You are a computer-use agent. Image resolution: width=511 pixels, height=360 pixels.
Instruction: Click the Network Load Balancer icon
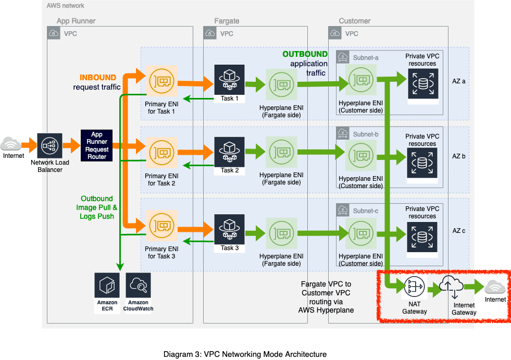coord(49,146)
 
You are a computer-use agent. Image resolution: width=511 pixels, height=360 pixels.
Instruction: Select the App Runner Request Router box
coord(96,145)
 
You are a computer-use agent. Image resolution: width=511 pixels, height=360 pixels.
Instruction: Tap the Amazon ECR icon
coord(107,285)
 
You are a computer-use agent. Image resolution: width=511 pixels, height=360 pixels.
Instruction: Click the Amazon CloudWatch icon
coord(138,285)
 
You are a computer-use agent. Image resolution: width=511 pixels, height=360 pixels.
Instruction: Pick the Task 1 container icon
coord(229,80)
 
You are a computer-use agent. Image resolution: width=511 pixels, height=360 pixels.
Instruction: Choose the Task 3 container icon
coord(229,229)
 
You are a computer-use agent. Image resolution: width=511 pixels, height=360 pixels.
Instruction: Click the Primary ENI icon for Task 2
coord(161,153)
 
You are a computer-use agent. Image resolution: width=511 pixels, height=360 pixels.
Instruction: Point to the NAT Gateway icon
coord(414,287)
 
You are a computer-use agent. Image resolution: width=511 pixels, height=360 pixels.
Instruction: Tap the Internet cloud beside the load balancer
coord(11,144)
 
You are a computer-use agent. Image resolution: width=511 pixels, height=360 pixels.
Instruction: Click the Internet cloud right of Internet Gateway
coord(495,287)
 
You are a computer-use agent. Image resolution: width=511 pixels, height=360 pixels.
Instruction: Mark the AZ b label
coord(458,156)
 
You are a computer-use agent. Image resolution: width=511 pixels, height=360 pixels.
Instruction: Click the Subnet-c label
coord(366,211)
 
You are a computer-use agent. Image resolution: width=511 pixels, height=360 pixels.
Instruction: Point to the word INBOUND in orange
coord(98,78)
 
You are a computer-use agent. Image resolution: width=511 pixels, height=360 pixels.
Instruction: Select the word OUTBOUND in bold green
coord(305,54)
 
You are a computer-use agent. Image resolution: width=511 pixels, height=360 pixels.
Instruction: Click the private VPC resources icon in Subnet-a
coord(423,83)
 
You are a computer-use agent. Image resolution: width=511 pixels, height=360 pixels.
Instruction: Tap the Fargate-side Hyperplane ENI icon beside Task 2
coord(282,152)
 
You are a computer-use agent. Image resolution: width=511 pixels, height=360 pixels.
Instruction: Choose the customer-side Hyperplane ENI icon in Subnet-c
coord(361,233)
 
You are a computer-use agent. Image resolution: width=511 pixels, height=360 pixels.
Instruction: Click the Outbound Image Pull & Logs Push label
coord(96,207)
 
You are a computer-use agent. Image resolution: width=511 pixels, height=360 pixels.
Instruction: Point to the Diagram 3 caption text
coord(245,354)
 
